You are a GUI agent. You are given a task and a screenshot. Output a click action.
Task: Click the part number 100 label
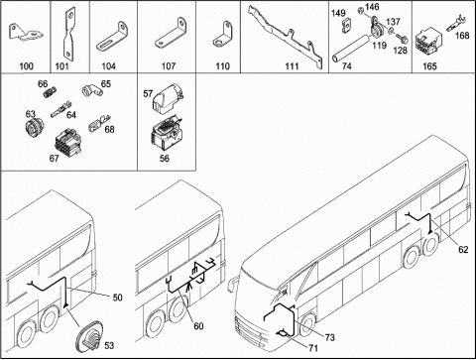(27, 66)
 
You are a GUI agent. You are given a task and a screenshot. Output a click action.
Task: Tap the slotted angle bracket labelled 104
(112, 37)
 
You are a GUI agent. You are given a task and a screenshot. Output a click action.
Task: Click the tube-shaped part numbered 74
(350, 49)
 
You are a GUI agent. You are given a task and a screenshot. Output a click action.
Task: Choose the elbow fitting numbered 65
(91, 89)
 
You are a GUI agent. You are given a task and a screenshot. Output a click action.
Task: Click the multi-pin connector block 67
(67, 143)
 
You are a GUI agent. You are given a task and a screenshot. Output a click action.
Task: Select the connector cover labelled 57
(168, 97)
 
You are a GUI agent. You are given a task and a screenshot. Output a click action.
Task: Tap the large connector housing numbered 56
(168, 133)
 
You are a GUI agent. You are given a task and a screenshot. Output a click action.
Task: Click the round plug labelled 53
(89, 337)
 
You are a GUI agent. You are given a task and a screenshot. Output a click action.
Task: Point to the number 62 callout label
(463, 249)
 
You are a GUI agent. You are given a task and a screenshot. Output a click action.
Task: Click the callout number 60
(198, 326)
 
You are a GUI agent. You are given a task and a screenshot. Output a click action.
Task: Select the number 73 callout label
(329, 337)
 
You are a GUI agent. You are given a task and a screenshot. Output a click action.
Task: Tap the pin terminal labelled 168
(456, 24)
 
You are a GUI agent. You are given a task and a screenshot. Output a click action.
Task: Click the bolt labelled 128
(403, 39)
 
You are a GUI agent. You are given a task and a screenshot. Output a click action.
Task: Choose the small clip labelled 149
(346, 26)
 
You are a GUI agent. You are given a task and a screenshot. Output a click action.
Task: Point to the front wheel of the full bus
(307, 325)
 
